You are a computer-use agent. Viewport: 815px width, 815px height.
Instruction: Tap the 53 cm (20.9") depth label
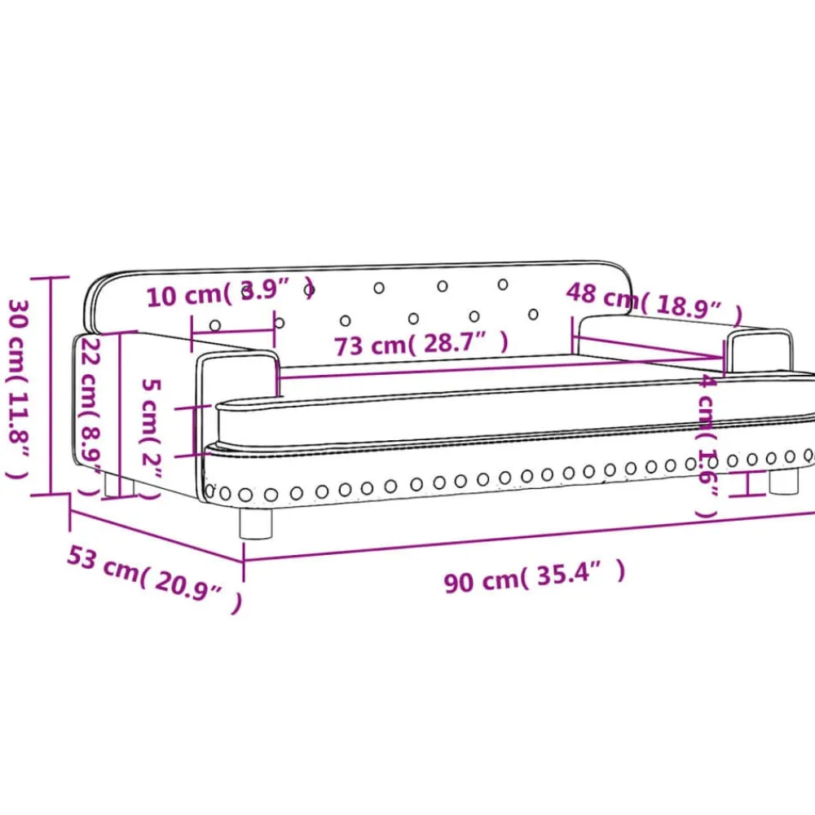click(x=155, y=579)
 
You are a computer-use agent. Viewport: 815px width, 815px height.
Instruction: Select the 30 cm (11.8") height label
click(x=19, y=388)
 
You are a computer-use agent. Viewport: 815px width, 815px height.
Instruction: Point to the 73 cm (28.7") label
click(x=421, y=345)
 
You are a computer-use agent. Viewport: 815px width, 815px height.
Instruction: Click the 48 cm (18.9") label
click(x=654, y=301)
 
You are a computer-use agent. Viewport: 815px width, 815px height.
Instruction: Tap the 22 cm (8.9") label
click(x=90, y=416)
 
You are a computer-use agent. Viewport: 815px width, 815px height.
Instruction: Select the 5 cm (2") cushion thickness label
click(x=152, y=439)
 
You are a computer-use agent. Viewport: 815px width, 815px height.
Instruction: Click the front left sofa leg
click(x=256, y=522)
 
